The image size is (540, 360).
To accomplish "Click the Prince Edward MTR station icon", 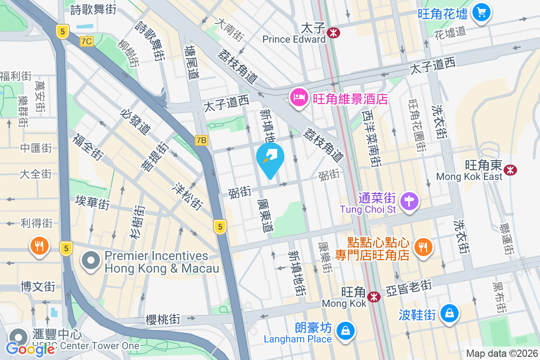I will click(333, 32).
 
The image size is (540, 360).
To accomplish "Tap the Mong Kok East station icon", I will click(510, 170).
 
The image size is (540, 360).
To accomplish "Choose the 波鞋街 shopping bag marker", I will click(449, 313).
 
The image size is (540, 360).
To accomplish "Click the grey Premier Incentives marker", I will click(91, 261).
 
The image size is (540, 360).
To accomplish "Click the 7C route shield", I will click(86, 41).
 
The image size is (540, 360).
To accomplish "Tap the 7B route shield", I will click(201, 141).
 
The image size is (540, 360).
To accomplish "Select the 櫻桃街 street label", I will click(163, 319).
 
